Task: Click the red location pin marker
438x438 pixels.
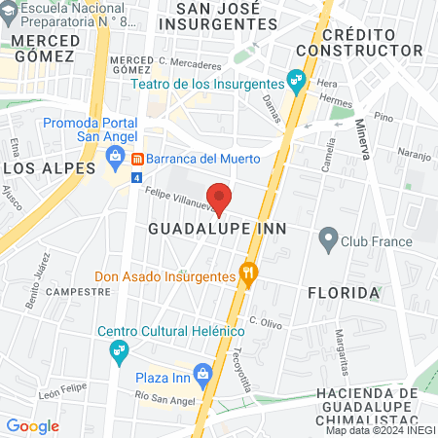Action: [220, 198]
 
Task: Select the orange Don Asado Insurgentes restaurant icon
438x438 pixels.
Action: [248, 274]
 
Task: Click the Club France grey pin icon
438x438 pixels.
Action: [328, 237]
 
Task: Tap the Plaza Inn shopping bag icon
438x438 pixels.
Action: [201, 372]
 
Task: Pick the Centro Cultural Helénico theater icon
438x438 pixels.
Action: [120, 349]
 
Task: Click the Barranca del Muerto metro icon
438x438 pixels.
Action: [138, 159]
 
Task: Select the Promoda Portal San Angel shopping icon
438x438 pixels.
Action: [116, 156]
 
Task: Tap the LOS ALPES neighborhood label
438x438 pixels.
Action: [39, 167]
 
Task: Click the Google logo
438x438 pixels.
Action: [32, 425]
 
